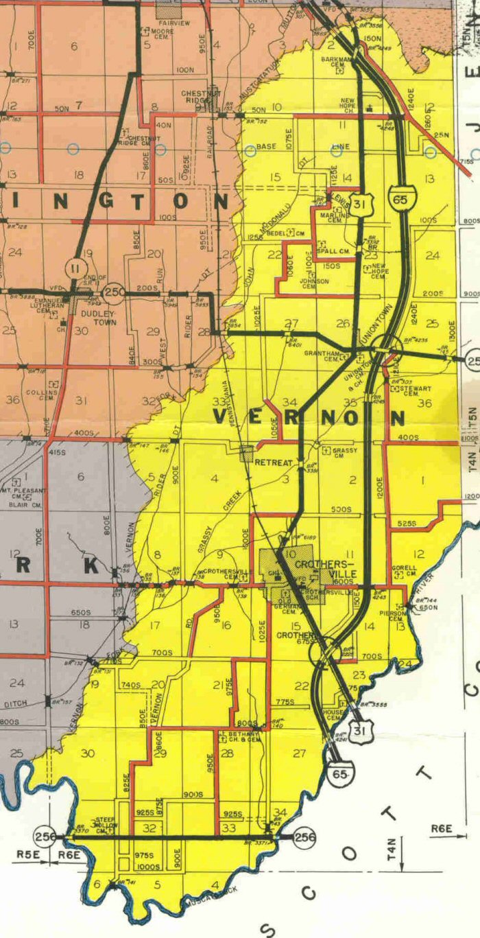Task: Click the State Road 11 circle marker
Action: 75,266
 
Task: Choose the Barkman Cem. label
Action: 336,63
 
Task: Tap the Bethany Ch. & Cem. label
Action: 239,737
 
